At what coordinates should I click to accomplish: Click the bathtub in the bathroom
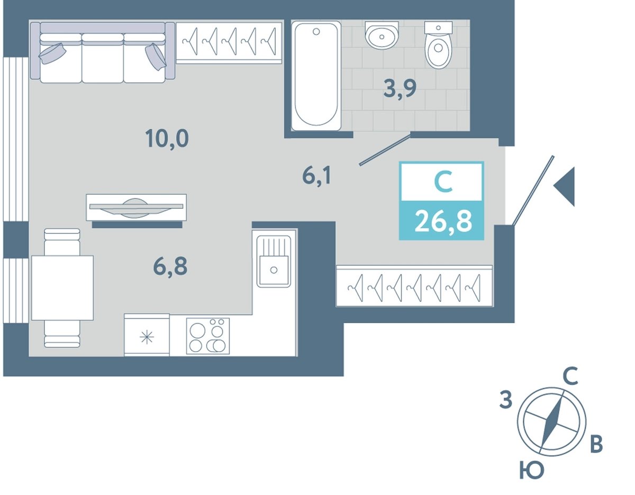(316, 76)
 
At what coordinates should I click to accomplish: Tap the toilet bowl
(438, 45)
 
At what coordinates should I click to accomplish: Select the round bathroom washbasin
(382, 35)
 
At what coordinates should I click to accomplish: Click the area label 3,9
(400, 88)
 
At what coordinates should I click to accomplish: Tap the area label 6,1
(317, 176)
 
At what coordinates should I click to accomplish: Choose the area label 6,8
(170, 267)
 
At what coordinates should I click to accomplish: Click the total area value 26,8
(443, 222)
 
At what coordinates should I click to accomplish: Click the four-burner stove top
(208, 336)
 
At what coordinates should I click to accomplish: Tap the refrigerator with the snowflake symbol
(147, 335)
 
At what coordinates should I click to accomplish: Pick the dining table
(62, 288)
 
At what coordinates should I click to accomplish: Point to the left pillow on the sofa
(52, 53)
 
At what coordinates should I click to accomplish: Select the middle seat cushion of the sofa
(103, 58)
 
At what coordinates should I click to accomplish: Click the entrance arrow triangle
(564, 187)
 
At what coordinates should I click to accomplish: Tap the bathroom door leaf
(385, 150)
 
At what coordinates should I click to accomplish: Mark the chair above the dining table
(62, 242)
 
